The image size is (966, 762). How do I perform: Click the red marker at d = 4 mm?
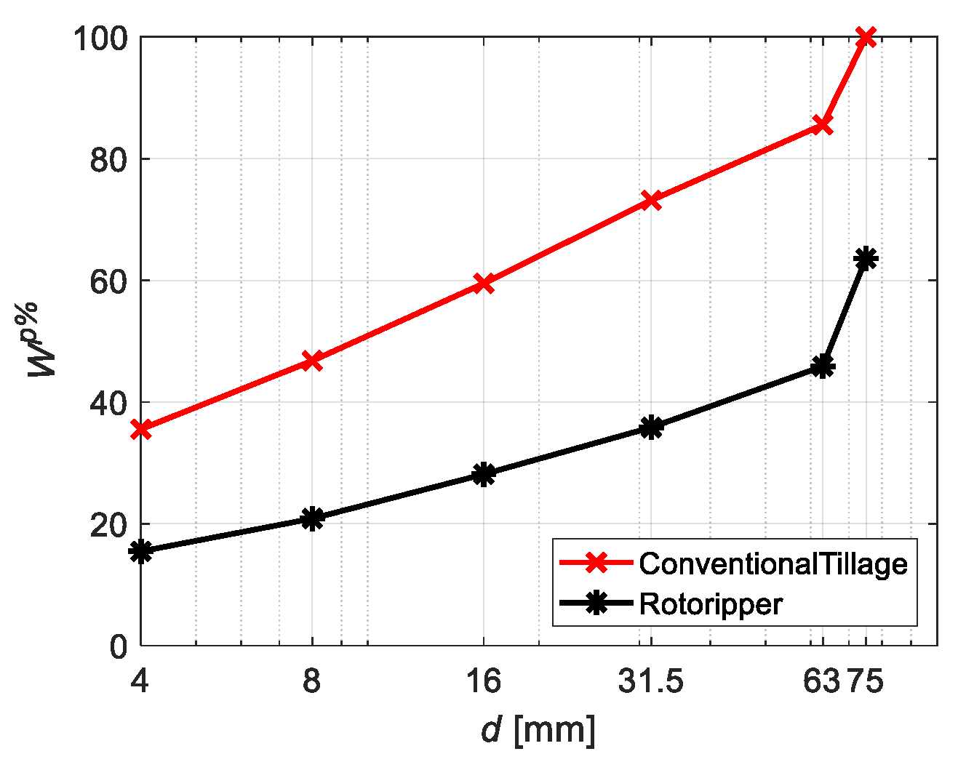[x=140, y=429]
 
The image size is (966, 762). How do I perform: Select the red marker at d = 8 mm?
[x=312, y=360]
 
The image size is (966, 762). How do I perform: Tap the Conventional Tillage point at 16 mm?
[x=484, y=284]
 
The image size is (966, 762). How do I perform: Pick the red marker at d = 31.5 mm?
[x=651, y=200]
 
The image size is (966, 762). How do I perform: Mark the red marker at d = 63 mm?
[x=823, y=125]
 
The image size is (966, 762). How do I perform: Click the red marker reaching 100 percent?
[x=866, y=37]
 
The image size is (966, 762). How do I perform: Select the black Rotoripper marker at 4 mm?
[x=140, y=551]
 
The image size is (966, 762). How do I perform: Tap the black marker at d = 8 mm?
[x=312, y=518]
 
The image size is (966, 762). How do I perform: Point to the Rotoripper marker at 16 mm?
[x=484, y=474]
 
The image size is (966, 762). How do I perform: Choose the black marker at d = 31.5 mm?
[x=651, y=427]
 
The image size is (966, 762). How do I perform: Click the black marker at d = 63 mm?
[x=823, y=366]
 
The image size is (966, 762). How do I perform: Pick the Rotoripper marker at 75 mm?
[x=866, y=259]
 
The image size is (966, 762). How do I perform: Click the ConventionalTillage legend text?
[x=773, y=564]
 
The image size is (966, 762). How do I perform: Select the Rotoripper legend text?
[x=711, y=604]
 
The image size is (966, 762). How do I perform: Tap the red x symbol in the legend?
[x=596, y=563]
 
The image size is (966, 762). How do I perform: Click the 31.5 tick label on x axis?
[x=651, y=682]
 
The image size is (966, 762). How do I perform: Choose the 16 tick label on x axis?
[x=484, y=682]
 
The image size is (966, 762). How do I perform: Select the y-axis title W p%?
[x=43, y=340]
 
